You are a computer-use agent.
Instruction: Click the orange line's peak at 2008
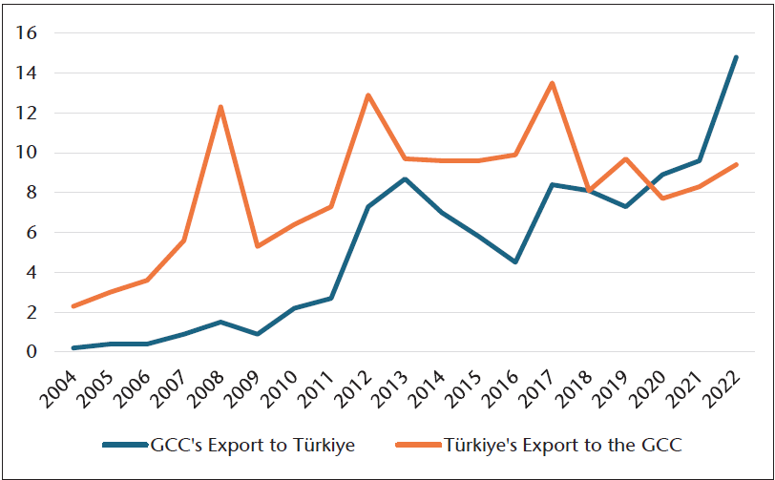[x=220, y=107]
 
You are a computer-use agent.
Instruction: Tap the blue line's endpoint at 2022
[x=736, y=57]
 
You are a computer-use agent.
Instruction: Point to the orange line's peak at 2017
[x=552, y=83]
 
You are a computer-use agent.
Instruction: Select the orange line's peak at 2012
[x=367, y=95]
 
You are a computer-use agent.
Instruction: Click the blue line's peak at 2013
[x=405, y=178]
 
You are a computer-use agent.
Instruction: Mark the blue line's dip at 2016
[x=515, y=261]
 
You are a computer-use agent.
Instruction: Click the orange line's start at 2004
[x=73, y=306]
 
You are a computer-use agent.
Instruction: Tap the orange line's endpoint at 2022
[x=736, y=164]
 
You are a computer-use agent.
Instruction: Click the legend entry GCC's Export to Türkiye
[x=252, y=445]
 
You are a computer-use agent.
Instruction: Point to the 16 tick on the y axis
[x=26, y=33]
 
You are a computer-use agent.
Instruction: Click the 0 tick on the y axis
[x=31, y=352]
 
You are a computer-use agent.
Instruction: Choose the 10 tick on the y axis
[x=26, y=153]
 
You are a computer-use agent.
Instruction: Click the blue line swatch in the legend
[x=124, y=446]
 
